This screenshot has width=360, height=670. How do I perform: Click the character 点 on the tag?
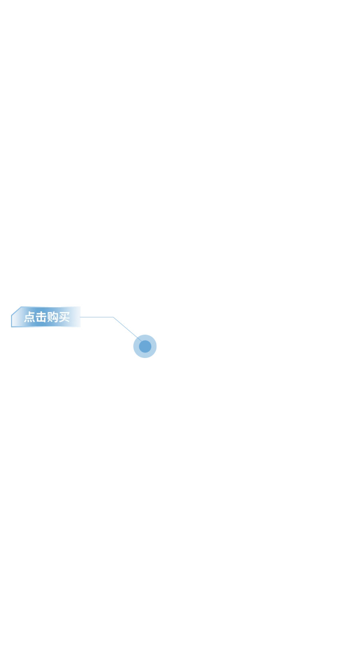30,317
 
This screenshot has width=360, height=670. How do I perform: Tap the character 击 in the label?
41,317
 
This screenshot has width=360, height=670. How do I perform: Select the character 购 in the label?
52,317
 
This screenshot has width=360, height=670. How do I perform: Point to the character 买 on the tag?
64,317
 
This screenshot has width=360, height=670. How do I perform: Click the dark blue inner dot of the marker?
145,346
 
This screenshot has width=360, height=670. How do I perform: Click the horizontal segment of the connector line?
97,317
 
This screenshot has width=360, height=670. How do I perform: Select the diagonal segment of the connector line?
127,329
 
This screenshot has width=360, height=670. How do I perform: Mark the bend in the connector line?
113,317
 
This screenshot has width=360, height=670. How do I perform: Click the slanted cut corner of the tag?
16,311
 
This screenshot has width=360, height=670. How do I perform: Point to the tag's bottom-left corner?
12,327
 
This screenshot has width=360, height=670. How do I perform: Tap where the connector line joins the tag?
80,317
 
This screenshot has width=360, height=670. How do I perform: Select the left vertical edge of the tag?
12,321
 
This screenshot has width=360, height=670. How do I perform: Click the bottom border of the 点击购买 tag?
46,327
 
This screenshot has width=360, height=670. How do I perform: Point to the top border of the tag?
51,306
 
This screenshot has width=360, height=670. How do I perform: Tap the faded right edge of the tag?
80,317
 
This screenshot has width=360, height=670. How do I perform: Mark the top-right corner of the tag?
81,306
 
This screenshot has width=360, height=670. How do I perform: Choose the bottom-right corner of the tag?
81,327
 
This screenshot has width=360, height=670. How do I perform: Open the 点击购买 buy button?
46,317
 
